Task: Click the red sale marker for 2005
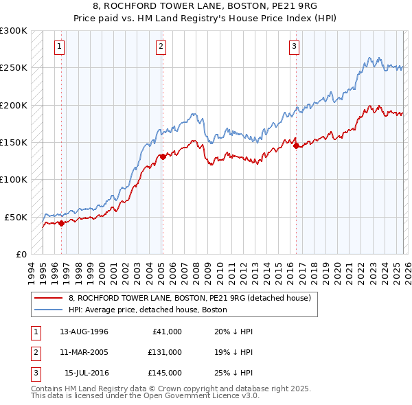click(163, 157)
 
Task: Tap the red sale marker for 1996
click(61, 222)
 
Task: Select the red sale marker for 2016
click(296, 146)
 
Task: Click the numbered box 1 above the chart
click(60, 47)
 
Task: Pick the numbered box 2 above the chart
click(161, 47)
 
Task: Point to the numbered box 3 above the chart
click(294, 47)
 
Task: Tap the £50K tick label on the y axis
click(15, 217)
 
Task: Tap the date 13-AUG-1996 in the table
click(84, 332)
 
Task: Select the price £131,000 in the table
click(164, 352)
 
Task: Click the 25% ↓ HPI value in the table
click(235, 373)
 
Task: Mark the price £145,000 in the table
click(164, 373)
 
